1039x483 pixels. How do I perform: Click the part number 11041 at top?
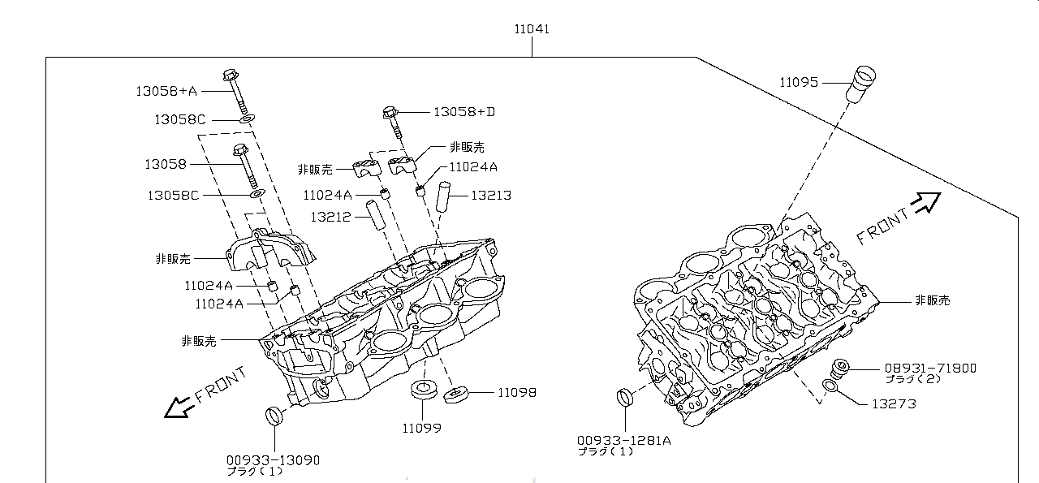pos(532,29)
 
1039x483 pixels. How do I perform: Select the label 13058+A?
pos(166,91)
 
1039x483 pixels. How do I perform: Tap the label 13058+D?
pos(463,111)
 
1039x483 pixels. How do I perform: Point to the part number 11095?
pos(799,82)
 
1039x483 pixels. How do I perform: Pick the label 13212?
pos(330,217)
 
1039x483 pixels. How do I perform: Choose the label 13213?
pos(491,196)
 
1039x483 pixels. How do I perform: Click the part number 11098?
pos(517,392)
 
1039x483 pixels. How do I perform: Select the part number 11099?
pos(422,427)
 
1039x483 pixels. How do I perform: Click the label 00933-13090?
pos(273,460)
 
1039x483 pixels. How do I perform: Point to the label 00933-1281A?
pos(624,440)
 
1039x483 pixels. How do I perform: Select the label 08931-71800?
pos(930,368)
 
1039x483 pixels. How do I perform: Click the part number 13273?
pos(894,403)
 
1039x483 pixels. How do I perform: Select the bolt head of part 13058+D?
pos(389,111)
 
